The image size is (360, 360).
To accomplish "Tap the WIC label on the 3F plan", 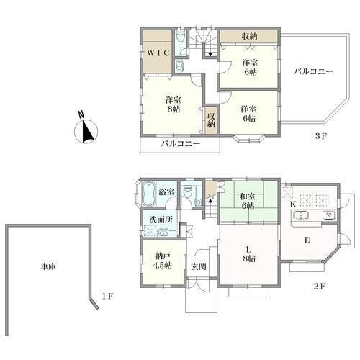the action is (x=158, y=53).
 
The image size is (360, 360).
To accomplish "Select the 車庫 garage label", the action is (x=48, y=266).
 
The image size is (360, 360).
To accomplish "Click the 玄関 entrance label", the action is (x=199, y=266).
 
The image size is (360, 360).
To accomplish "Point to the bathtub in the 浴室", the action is (x=148, y=194).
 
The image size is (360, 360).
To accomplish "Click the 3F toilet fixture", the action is (x=180, y=38).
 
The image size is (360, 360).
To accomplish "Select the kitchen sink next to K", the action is (x=300, y=215).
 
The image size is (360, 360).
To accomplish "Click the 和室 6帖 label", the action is (x=248, y=201).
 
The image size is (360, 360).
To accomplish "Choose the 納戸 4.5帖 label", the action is (x=163, y=261).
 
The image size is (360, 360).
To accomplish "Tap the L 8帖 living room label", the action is (x=248, y=254).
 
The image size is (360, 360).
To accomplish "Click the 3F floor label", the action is (x=321, y=136).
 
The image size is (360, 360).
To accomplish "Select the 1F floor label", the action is (x=107, y=297).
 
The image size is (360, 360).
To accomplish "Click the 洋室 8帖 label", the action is (x=174, y=104).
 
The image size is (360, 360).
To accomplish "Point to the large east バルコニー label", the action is (x=314, y=71).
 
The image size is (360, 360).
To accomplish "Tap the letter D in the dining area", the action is (x=307, y=240).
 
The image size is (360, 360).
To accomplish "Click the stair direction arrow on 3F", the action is (x=210, y=54).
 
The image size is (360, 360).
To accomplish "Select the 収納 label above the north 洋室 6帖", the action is (x=250, y=37).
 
